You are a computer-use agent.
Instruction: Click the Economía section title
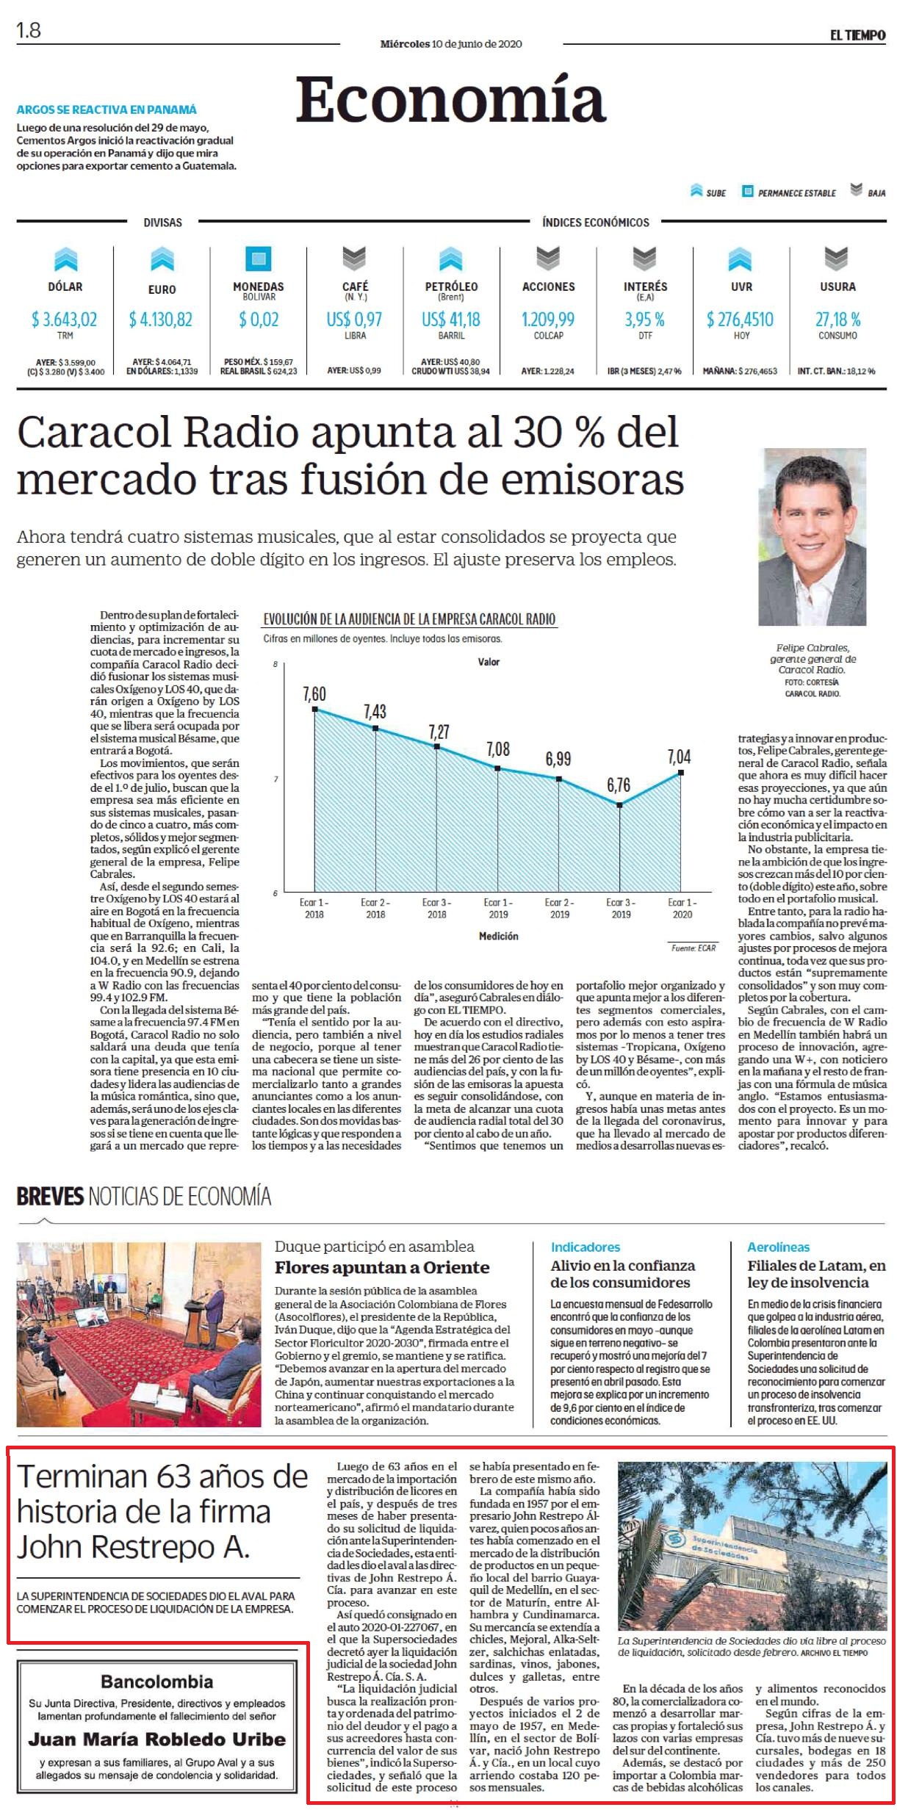[450, 99]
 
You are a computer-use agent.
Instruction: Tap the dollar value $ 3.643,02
[65, 320]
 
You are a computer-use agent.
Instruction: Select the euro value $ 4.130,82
[161, 320]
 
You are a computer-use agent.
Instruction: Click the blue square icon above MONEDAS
[258, 259]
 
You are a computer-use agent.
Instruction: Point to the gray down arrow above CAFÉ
[354, 259]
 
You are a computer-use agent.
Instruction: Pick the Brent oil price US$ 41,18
[450, 320]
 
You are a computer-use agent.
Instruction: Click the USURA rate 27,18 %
[837, 320]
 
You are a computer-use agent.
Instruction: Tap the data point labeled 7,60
[314, 709]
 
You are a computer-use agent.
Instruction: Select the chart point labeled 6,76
[620, 805]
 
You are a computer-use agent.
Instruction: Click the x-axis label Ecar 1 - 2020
[682, 908]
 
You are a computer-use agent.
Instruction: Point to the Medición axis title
[498, 936]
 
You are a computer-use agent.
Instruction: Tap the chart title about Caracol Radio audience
[409, 619]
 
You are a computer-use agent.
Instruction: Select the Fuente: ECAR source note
[693, 948]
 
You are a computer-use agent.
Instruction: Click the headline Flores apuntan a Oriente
[382, 1267]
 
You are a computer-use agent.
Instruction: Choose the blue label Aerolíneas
[778, 1247]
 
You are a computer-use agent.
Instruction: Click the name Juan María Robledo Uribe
[157, 1739]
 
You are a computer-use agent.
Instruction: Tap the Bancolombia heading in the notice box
[157, 1681]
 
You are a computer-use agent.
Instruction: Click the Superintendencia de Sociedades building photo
[752, 1547]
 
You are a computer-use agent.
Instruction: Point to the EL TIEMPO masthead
[857, 35]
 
